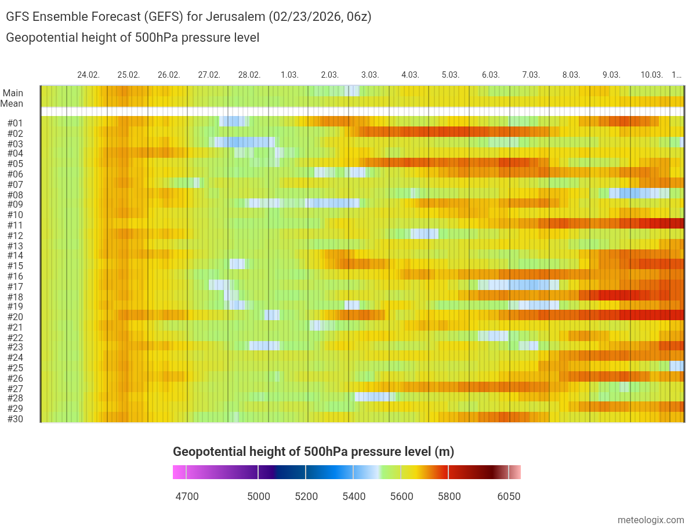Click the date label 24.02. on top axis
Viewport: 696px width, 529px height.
pyautogui.click(x=88, y=75)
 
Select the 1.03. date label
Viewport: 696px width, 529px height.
pyautogui.click(x=289, y=75)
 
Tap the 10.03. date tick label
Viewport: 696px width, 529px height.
pyautogui.click(x=651, y=75)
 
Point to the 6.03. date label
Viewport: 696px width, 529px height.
pyautogui.click(x=491, y=75)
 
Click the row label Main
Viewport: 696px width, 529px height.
pyautogui.click(x=13, y=93)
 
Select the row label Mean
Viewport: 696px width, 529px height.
pyautogui.click(x=12, y=104)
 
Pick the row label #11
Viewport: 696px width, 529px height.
pyautogui.click(x=15, y=225)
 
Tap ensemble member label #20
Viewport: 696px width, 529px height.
pyautogui.click(x=15, y=317)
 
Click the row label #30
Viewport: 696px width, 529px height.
pyautogui.click(x=15, y=418)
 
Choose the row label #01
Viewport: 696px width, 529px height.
pyautogui.click(x=15, y=123)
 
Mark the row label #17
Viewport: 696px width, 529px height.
pyautogui.click(x=15, y=287)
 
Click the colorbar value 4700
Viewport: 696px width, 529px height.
pyautogui.click(x=187, y=497)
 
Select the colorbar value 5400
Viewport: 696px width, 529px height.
pyautogui.click(x=354, y=497)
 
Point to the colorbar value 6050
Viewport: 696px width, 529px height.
pyautogui.click(x=509, y=497)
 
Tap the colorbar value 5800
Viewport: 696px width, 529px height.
pyautogui.click(x=449, y=497)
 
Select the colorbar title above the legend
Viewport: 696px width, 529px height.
pyautogui.click(x=313, y=452)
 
